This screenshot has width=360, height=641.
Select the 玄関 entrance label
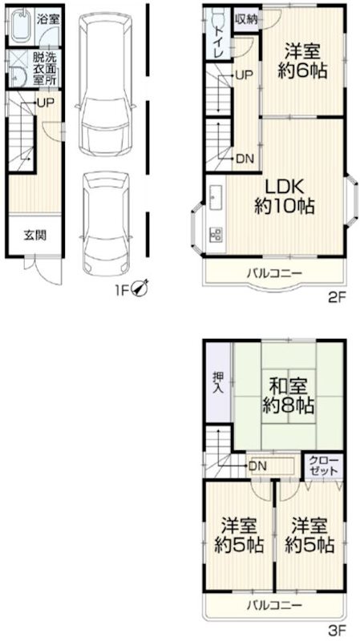coord(34,236)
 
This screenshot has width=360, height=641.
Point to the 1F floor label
coord(121,287)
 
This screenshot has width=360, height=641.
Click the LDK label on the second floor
coord(283,186)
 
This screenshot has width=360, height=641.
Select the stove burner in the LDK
coord(216,234)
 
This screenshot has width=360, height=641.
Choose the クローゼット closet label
coord(324,466)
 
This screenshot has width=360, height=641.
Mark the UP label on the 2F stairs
coord(244,75)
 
